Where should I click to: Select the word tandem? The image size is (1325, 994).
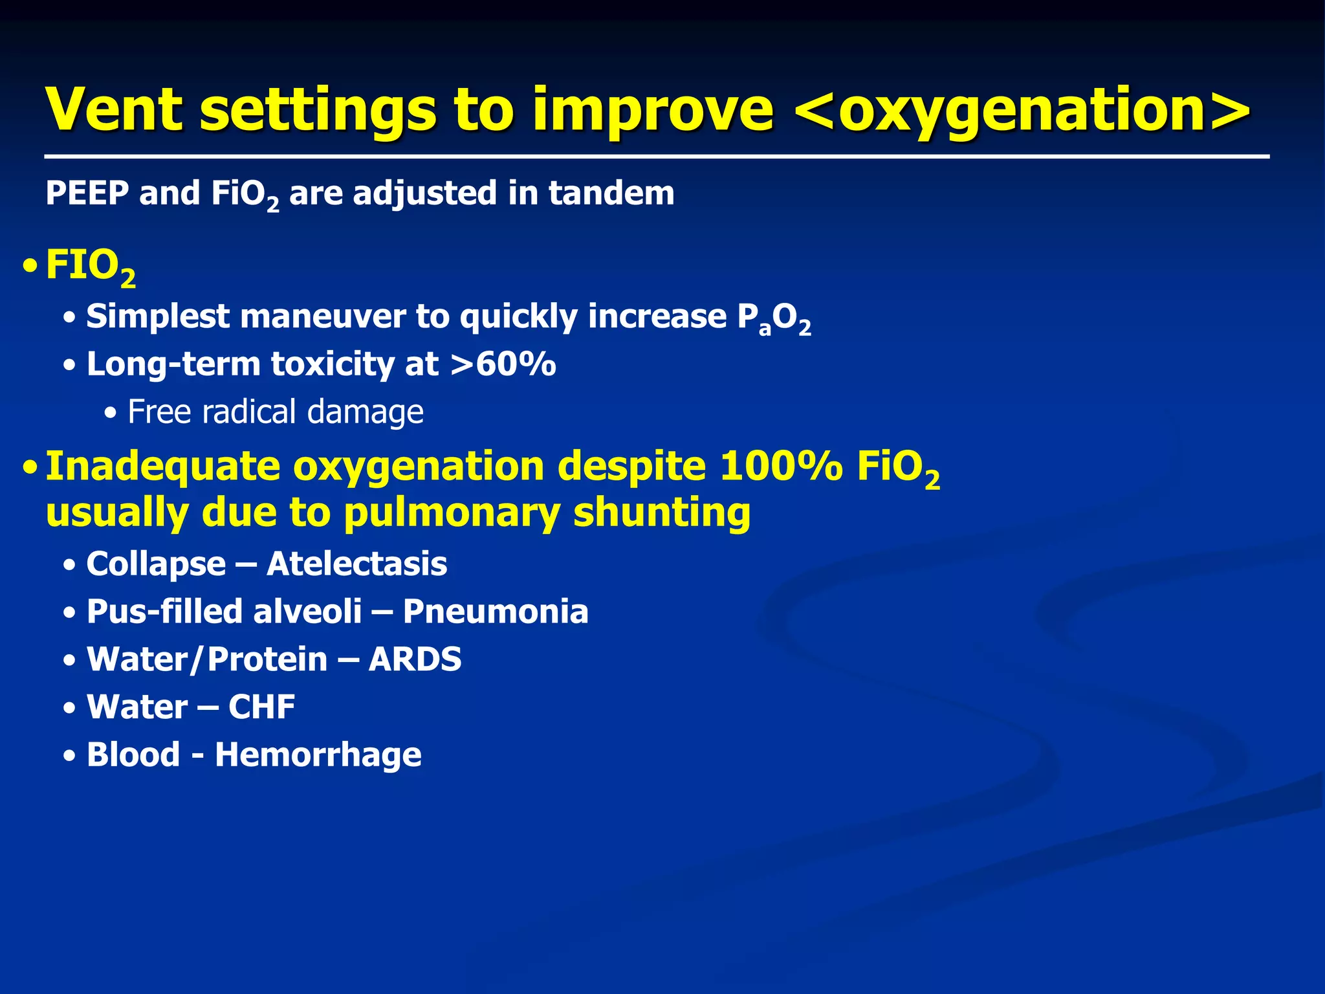click(x=611, y=193)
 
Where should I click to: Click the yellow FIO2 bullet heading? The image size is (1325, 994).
click(x=90, y=267)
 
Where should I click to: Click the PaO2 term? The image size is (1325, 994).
click(x=774, y=318)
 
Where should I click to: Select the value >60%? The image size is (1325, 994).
click(x=503, y=364)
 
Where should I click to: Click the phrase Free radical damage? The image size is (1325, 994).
click(x=275, y=412)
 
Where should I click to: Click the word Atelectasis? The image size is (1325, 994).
click(x=356, y=564)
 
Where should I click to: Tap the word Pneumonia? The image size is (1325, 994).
click(x=496, y=612)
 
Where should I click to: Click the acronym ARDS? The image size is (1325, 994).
click(x=415, y=659)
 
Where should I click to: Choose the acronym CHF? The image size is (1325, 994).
click(x=261, y=707)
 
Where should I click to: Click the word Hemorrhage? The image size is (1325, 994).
click(x=318, y=755)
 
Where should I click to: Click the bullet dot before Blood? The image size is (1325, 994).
click(x=69, y=756)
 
